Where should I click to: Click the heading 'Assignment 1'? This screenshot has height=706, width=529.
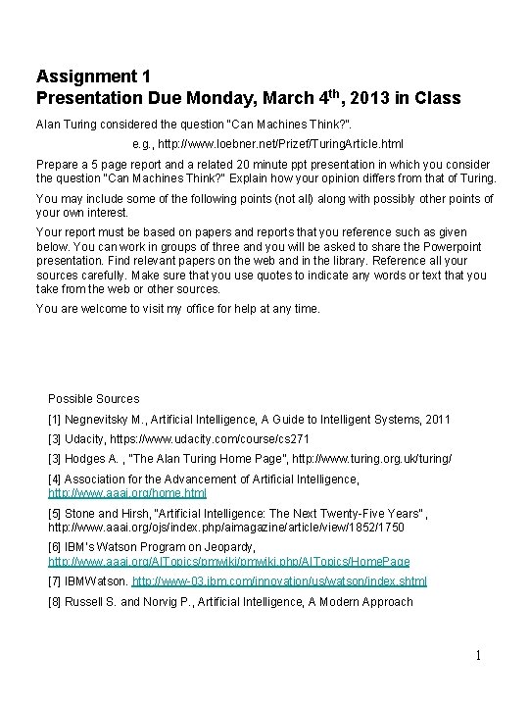(86, 76)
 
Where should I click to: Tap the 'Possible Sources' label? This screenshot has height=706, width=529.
(94, 399)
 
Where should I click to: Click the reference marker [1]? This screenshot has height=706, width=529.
(55, 419)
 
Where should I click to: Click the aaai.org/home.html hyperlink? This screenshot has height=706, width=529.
(127, 492)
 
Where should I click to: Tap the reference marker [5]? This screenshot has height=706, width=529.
(55, 512)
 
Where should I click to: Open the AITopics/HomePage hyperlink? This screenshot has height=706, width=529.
(229, 561)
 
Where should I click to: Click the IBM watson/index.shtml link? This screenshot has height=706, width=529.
(279, 580)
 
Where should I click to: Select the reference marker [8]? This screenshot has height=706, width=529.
(55, 601)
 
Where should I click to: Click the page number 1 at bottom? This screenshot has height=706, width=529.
(477, 655)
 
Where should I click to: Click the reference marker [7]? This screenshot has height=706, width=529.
(55, 580)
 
